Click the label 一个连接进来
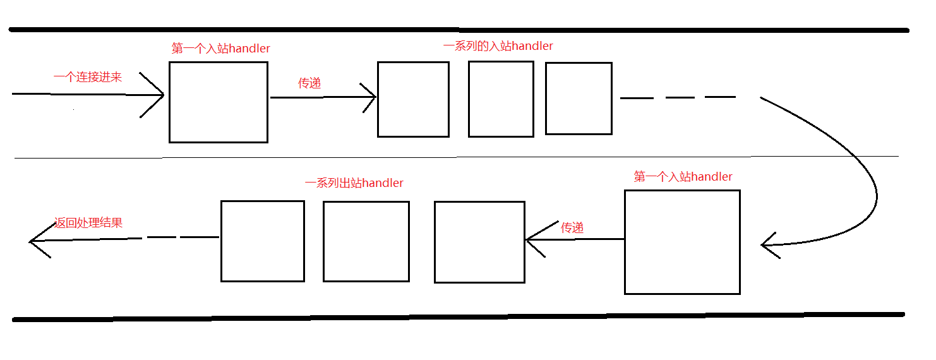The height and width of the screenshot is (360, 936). [88, 77]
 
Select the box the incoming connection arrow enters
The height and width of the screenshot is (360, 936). [219, 102]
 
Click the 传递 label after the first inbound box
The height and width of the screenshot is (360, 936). [309, 83]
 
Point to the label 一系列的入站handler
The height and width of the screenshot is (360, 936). [498, 46]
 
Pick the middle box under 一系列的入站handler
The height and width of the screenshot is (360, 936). [501, 99]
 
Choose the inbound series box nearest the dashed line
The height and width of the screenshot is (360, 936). [579, 99]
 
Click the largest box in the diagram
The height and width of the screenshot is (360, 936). [682, 242]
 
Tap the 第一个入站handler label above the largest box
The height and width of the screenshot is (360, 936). [683, 177]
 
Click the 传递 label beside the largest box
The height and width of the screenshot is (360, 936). [572, 228]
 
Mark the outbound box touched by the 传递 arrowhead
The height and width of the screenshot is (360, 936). [479, 242]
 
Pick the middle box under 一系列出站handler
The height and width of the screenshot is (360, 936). [366, 241]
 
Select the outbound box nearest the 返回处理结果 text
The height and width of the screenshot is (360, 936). [263, 241]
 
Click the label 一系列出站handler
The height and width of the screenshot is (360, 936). [354, 183]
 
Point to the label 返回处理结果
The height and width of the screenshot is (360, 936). [88, 222]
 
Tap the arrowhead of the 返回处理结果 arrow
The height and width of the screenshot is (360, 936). [33, 241]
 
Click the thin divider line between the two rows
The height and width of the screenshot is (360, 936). [442, 157]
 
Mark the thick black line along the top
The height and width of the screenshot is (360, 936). [458, 30]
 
